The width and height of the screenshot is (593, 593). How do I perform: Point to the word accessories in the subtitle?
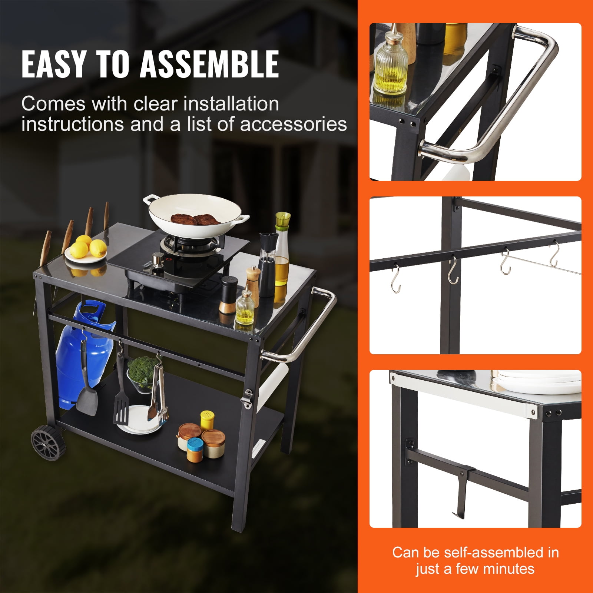click(x=294, y=124)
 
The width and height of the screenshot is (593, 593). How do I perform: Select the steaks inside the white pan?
click(x=191, y=219)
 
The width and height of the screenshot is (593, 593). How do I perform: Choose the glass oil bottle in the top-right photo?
click(x=390, y=65)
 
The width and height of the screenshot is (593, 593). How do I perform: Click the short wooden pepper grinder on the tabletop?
click(x=253, y=280)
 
